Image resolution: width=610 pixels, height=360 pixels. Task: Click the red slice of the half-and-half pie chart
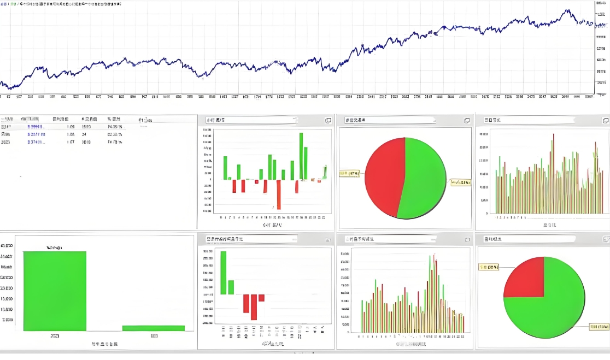pos(383,175)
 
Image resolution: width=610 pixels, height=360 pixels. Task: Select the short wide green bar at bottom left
pos(154,328)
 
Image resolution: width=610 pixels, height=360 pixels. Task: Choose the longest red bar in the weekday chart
pos(254,307)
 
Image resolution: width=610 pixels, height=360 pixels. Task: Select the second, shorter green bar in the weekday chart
pos(231,287)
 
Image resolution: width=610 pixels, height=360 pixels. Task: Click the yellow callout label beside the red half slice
pos(350,174)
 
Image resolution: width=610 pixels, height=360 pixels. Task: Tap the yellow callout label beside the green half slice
pos(461,182)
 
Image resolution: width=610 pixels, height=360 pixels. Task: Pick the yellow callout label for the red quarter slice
pos(489,267)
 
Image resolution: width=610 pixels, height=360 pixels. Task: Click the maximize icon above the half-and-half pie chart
pos(467,120)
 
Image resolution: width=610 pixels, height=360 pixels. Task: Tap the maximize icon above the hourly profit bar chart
pos(328,120)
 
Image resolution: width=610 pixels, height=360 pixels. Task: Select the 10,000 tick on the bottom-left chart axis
pos(7,299)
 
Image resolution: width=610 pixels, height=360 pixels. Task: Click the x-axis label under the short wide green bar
pos(154,335)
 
